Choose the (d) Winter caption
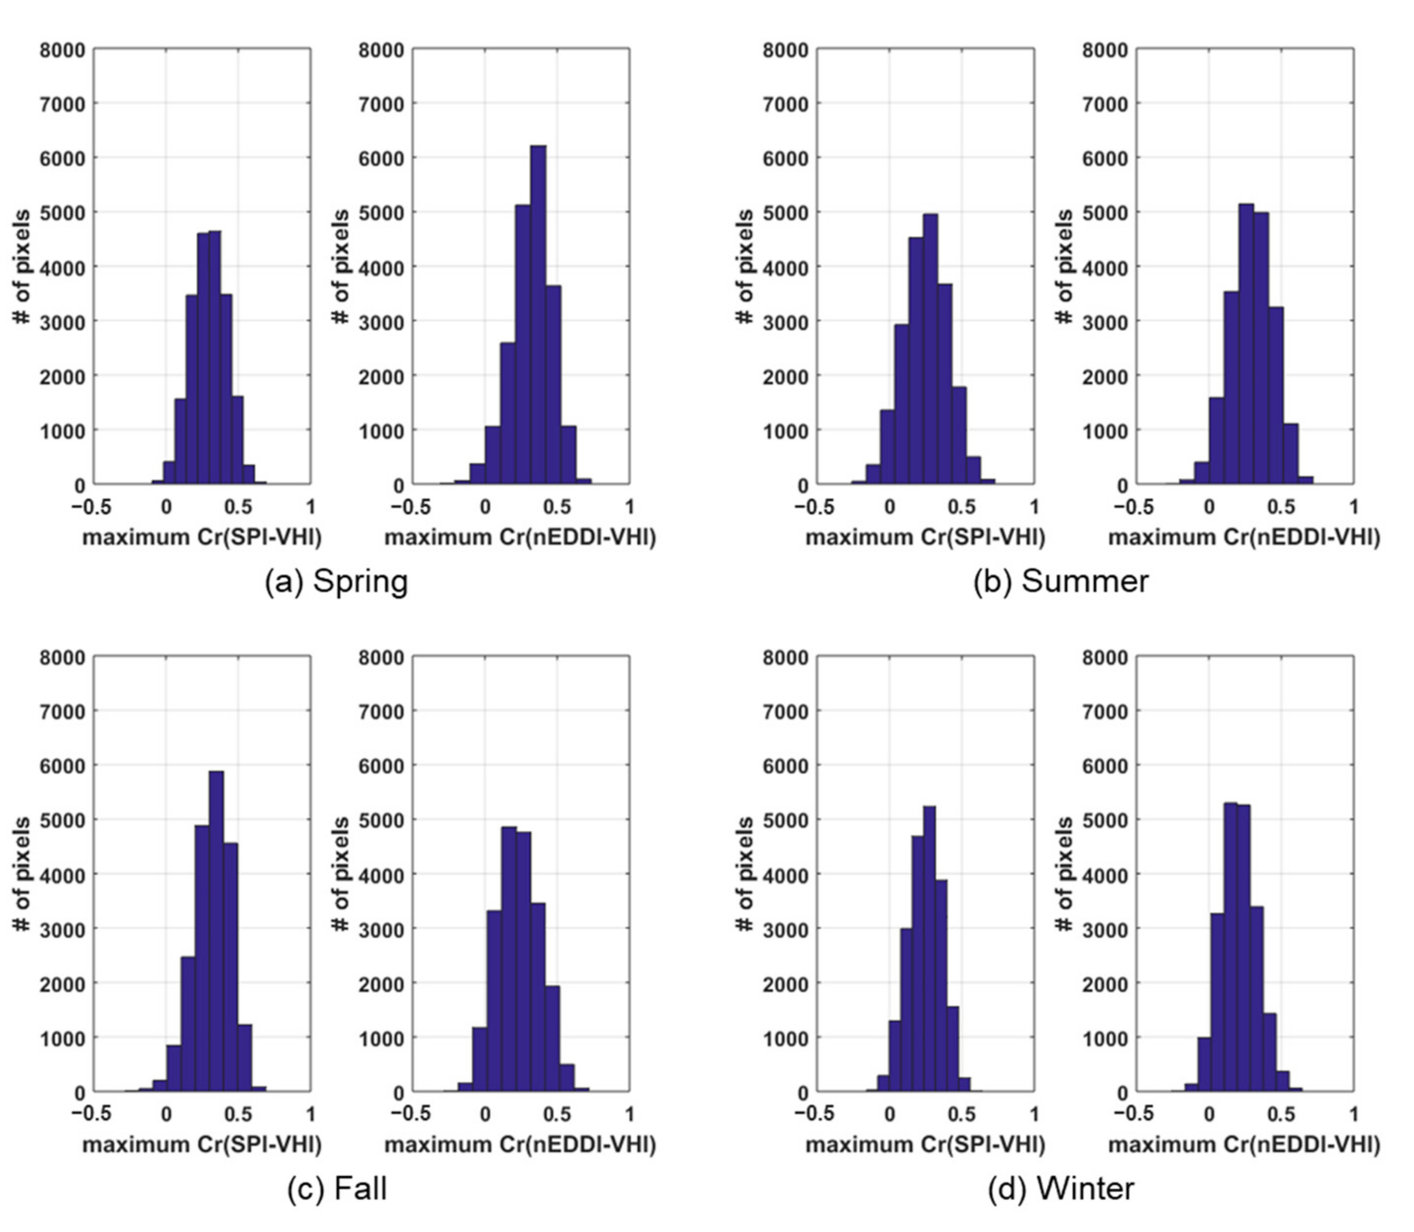click(1061, 1188)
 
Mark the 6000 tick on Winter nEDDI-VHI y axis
click(1105, 766)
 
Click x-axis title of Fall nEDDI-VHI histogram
click(520, 1145)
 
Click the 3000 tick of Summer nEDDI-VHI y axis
click(1105, 322)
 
